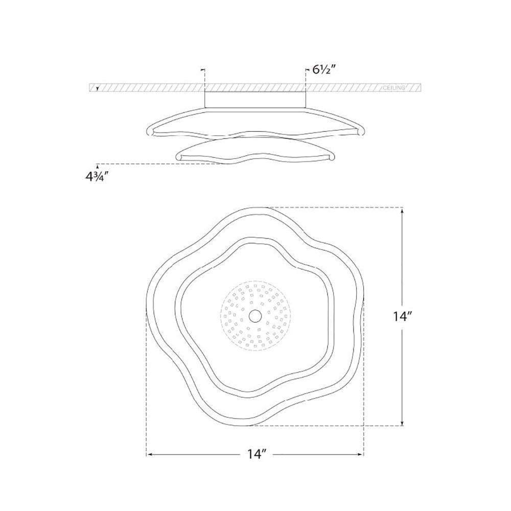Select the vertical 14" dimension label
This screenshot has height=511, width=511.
(x=404, y=316)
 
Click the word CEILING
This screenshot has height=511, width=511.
(x=393, y=88)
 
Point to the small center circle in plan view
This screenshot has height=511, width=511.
(x=253, y=317)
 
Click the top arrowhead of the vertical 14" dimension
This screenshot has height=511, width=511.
(x=404, y=211)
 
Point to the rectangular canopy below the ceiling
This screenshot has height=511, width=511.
(x=255, y=98)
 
